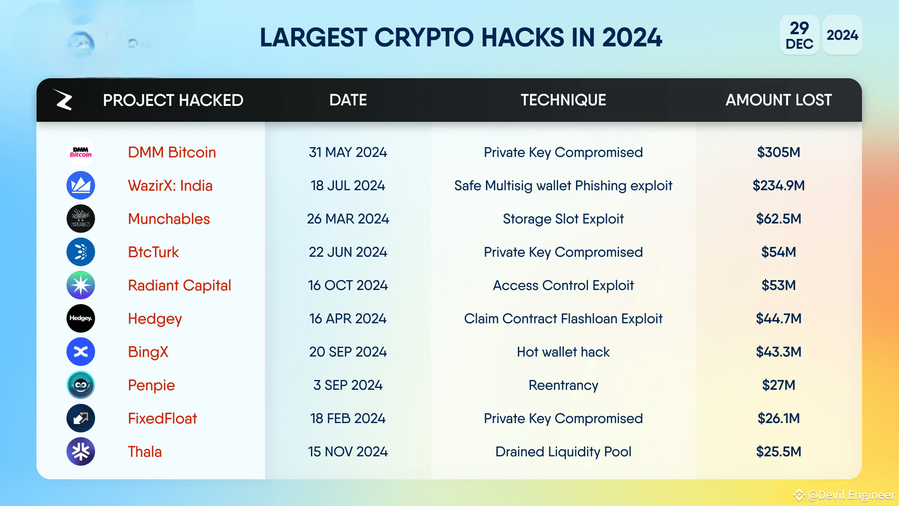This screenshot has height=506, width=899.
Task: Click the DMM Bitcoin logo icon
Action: (81, 152)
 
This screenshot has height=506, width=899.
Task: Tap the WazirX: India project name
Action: (170, 186)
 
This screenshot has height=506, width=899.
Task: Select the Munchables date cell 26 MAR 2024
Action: (348, 219)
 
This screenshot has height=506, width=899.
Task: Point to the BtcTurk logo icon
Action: (81, 252)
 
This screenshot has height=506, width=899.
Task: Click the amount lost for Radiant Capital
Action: (778, 285)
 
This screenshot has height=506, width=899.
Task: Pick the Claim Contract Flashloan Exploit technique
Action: (563, 319)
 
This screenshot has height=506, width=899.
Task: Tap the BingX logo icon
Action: (81, 352)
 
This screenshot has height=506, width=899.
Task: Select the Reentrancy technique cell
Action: (563, 385)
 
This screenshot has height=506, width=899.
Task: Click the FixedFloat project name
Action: (162, 418)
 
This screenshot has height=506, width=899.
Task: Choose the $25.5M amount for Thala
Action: (778, 452)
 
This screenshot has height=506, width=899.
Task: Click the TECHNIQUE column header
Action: (563, 100)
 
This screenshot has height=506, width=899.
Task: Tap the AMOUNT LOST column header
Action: (778, 100)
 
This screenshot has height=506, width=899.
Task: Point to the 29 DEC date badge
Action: (799, 35)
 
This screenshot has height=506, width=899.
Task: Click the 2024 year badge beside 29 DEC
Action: (842, 35)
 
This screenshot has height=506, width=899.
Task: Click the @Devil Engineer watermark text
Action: (851, 495)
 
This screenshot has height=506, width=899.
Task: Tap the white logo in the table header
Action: (63, 100)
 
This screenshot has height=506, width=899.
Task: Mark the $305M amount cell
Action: (778, 152)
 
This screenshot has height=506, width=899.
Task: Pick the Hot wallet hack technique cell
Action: (563, 352)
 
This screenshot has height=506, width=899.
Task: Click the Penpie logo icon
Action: (81, 385)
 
